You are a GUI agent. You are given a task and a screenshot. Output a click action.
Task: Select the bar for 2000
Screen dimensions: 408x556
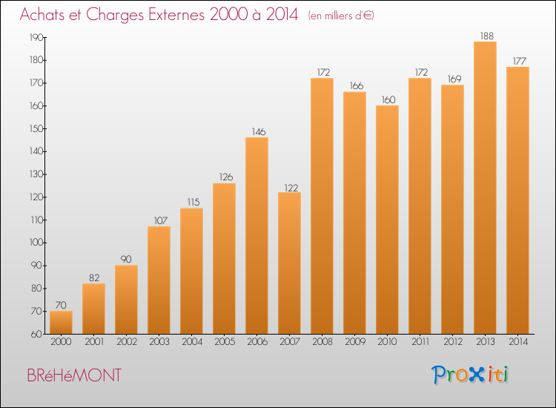pyautogui.click(x=61, y=322)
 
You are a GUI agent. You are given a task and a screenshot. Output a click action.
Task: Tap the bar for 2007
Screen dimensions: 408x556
pyautogui.click(x=289, y=263)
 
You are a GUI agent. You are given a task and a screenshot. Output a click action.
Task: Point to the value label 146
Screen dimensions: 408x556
pyautogui.click(x=257, y=131)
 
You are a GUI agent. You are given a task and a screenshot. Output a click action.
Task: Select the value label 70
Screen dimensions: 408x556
pyautogui.click(x=61, y=305)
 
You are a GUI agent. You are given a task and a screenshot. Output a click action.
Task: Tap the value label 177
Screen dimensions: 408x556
pyautogui.click(x=517, y=60)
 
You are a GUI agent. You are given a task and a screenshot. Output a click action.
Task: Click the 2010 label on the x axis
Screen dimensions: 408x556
pyautogui.click(x=387, y=342)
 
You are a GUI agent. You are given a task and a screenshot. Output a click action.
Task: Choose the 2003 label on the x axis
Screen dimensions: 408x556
pyautogui.click(x=159, y=342)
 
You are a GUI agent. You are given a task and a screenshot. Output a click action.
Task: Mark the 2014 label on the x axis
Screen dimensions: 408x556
pyautogui.click(x=517, y=342)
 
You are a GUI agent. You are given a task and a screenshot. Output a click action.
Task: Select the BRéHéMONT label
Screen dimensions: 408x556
pyautogui.click(x=73, y=375)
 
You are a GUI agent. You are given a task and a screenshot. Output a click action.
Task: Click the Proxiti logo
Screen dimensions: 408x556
pyautogui.click(x=470, y=375)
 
